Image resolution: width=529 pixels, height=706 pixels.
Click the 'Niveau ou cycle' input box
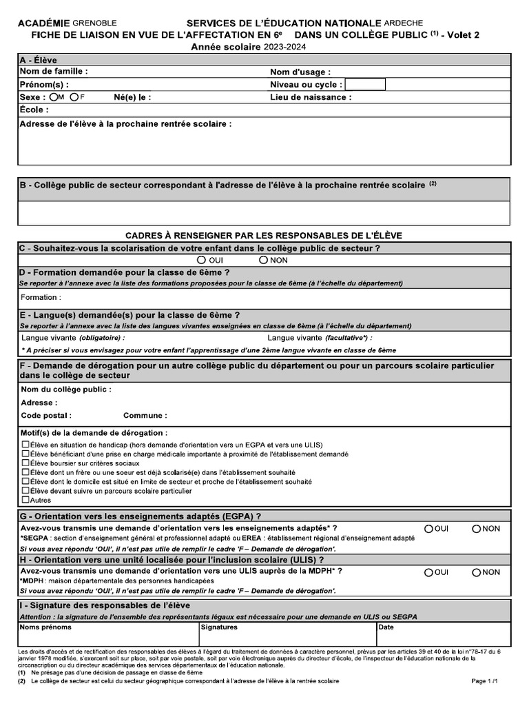(365, 85)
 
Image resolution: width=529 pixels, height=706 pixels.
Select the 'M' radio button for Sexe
(53, 97)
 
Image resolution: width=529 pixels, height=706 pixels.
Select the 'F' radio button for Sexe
(74, 97)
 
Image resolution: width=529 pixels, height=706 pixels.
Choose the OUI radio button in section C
(200, 261)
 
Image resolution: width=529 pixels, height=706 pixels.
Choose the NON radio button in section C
(263, 261)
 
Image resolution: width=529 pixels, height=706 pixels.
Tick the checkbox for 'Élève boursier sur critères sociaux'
(25, 464)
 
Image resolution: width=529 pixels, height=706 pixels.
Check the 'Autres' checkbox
(25, 500)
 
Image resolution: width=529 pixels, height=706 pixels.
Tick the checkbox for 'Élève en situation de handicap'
(25, 445)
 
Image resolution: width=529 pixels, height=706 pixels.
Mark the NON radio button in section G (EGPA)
(476, 529)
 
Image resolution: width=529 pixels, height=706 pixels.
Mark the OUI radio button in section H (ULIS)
(428, 572)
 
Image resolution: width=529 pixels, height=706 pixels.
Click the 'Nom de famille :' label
(54, 71)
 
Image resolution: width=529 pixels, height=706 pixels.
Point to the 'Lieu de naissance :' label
(311, 97)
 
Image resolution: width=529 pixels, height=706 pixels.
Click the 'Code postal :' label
(46, 416)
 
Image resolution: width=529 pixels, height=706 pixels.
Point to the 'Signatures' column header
(219, 627)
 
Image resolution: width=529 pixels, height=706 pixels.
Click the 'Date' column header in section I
(386, 627)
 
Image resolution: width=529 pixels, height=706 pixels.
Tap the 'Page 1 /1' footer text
(484, 681)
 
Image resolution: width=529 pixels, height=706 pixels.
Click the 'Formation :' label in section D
(41, 297)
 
